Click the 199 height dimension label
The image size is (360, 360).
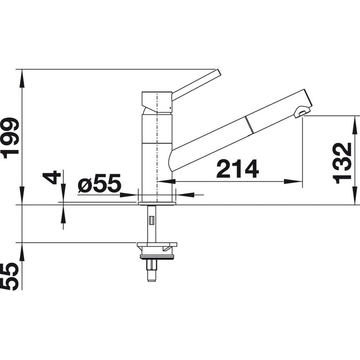(x=10, y=138)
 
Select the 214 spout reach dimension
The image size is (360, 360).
(x=238, y=169)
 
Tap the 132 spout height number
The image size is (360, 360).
(x=342, y=163)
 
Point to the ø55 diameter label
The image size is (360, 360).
(x=99, y=183)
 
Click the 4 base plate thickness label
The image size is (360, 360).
(x=51, y=177)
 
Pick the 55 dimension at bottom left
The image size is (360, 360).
(x=9, y=277)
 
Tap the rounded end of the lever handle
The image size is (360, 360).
(x=219, y=73)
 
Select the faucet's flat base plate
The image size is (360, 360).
(x=157, y=204)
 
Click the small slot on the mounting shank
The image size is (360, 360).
(x=152, y=220)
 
